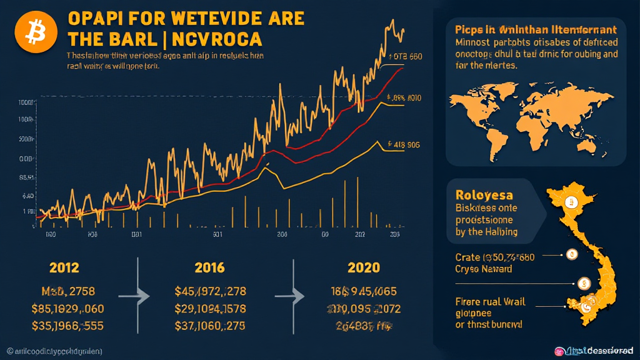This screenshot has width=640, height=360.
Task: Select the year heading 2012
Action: tap(64, 268)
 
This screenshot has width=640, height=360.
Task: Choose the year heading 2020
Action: tap(364, 268)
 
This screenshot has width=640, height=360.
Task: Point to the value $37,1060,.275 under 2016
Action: tap(211, 326)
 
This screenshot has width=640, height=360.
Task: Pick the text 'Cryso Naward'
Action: tap(484, 269)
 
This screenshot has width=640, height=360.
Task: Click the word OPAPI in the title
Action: tap(96, 18)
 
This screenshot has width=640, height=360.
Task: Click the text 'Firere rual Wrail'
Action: tap(490, 302)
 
